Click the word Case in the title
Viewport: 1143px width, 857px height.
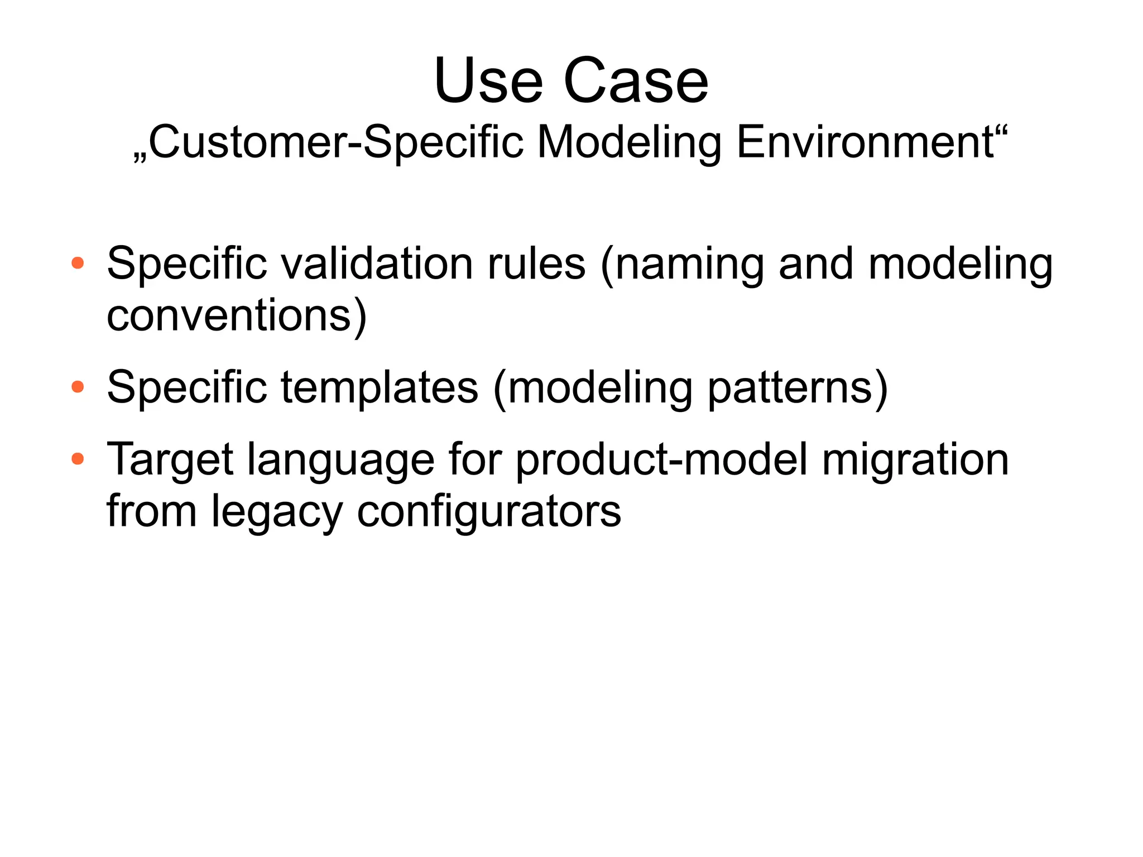636,82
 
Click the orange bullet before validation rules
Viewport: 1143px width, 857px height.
78,263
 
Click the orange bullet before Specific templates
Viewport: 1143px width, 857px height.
78,386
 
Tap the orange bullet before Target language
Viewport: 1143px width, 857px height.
78,459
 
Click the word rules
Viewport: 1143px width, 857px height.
536,264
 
